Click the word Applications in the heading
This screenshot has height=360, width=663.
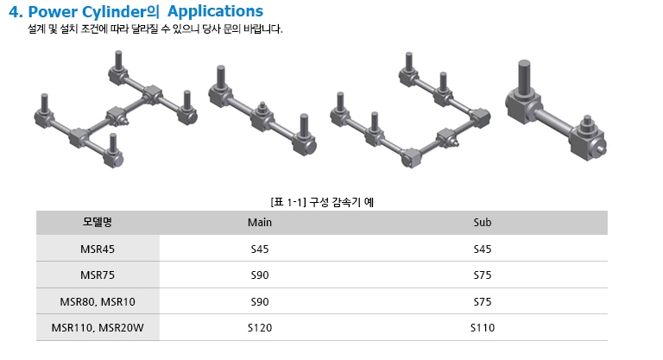click(x=215, y=11)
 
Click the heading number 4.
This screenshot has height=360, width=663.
click(x=16, y=11)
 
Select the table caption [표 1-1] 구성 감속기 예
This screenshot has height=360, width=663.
click(x=322, y=202)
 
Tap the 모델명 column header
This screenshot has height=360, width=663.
click(x=98, y=222)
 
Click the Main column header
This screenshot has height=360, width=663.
click(x=260, y=223)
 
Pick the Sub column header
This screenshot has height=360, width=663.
click(x=483, y=223)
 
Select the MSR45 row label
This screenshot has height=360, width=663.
click(x=98, y=249)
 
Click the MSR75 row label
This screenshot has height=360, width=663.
click(x=98, y=275)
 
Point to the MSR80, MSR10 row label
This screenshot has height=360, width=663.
click(x=98, y=302)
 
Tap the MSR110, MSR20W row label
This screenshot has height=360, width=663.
click(x=98, y=328)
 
